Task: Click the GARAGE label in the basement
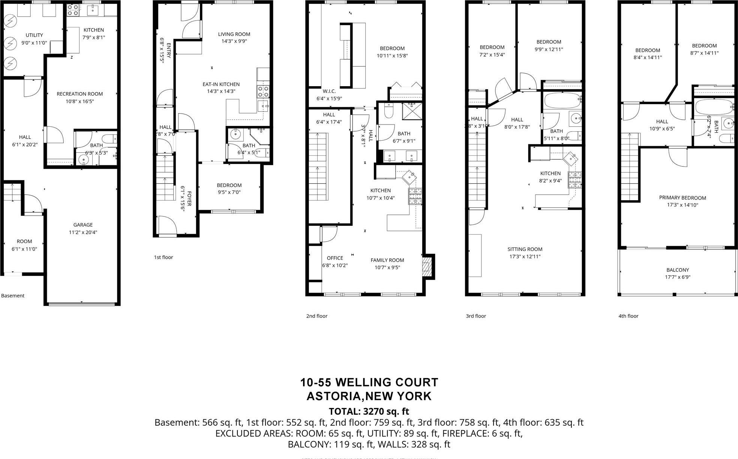(83, 225)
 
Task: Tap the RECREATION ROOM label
(79, 94)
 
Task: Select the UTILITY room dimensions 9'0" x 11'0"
(34, 43)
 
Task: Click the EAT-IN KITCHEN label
(221, 84)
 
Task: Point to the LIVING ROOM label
(234, 34)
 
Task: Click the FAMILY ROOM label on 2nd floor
(387, 260)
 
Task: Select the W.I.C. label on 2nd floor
(329, 91)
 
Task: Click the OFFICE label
(335, 258)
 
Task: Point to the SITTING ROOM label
(525, 249)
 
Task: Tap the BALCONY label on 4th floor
(678, 270)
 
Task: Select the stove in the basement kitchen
(73, 10)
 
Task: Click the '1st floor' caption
(163, 257)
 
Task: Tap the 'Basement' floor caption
(13, 295)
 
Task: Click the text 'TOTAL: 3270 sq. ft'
(369, 411)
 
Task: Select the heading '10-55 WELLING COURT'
(369, 382)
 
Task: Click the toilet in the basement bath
(109, 138)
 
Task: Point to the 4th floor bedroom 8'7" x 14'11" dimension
(704, 53)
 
